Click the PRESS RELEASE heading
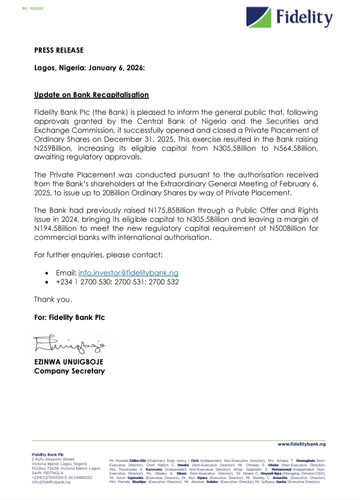coord(59,50)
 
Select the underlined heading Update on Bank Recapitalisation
coord(91,95)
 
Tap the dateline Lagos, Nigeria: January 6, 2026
coord(89,68)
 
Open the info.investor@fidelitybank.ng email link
coord(128,273)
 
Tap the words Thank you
coord(53,299)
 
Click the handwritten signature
coord(69,345)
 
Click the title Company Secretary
coord(69,371)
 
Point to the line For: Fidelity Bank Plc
coord(69,317)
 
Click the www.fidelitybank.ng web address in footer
coord(301,443)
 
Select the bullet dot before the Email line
coord(46,273)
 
